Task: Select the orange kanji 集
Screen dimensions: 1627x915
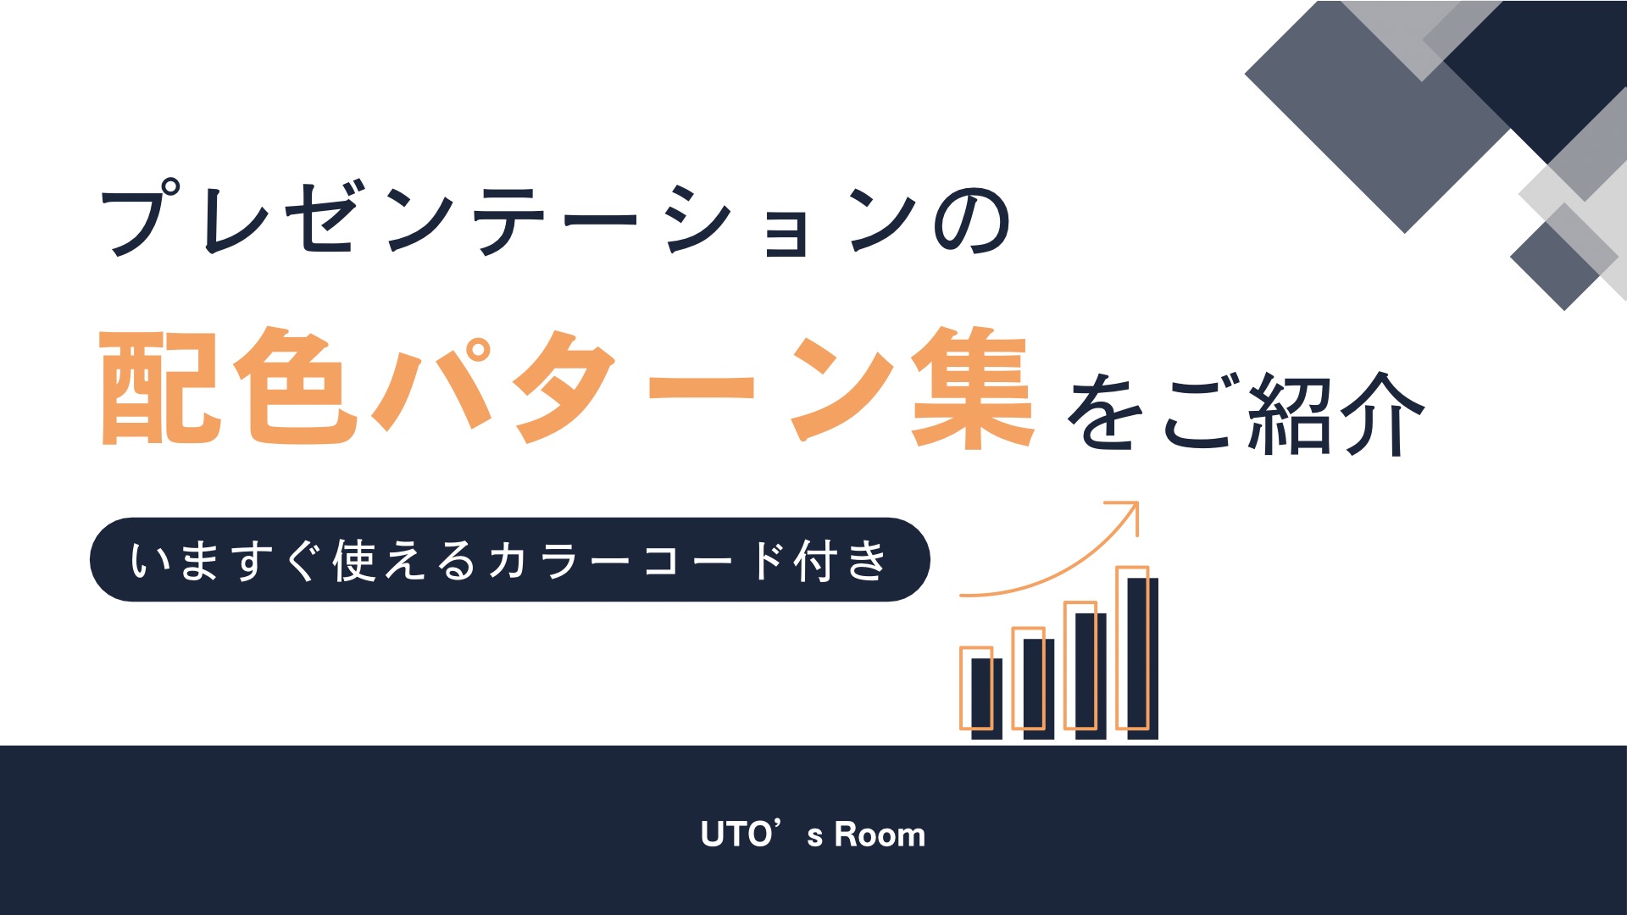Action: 972,387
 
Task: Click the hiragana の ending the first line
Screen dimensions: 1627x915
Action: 972,221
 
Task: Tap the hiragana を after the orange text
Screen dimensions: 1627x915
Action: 1105,413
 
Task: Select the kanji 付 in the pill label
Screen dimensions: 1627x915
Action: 817,560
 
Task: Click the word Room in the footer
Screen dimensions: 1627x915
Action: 880,835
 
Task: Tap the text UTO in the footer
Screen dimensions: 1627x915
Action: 736,835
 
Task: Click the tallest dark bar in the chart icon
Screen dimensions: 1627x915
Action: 1142,658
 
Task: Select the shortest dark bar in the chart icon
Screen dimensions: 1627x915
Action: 986,698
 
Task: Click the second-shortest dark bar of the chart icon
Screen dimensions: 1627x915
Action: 1039,689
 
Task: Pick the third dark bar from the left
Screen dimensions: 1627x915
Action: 1091,676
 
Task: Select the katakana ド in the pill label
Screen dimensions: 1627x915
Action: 768,560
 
